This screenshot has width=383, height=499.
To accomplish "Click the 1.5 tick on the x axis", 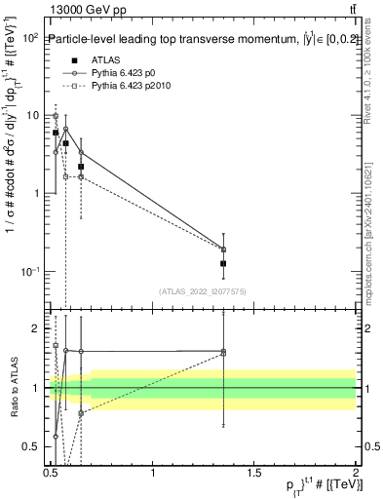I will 254,471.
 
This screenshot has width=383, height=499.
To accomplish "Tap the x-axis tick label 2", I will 355,471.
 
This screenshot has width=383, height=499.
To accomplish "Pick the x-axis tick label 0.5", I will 52,471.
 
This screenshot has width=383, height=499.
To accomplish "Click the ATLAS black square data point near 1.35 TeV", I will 224,263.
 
